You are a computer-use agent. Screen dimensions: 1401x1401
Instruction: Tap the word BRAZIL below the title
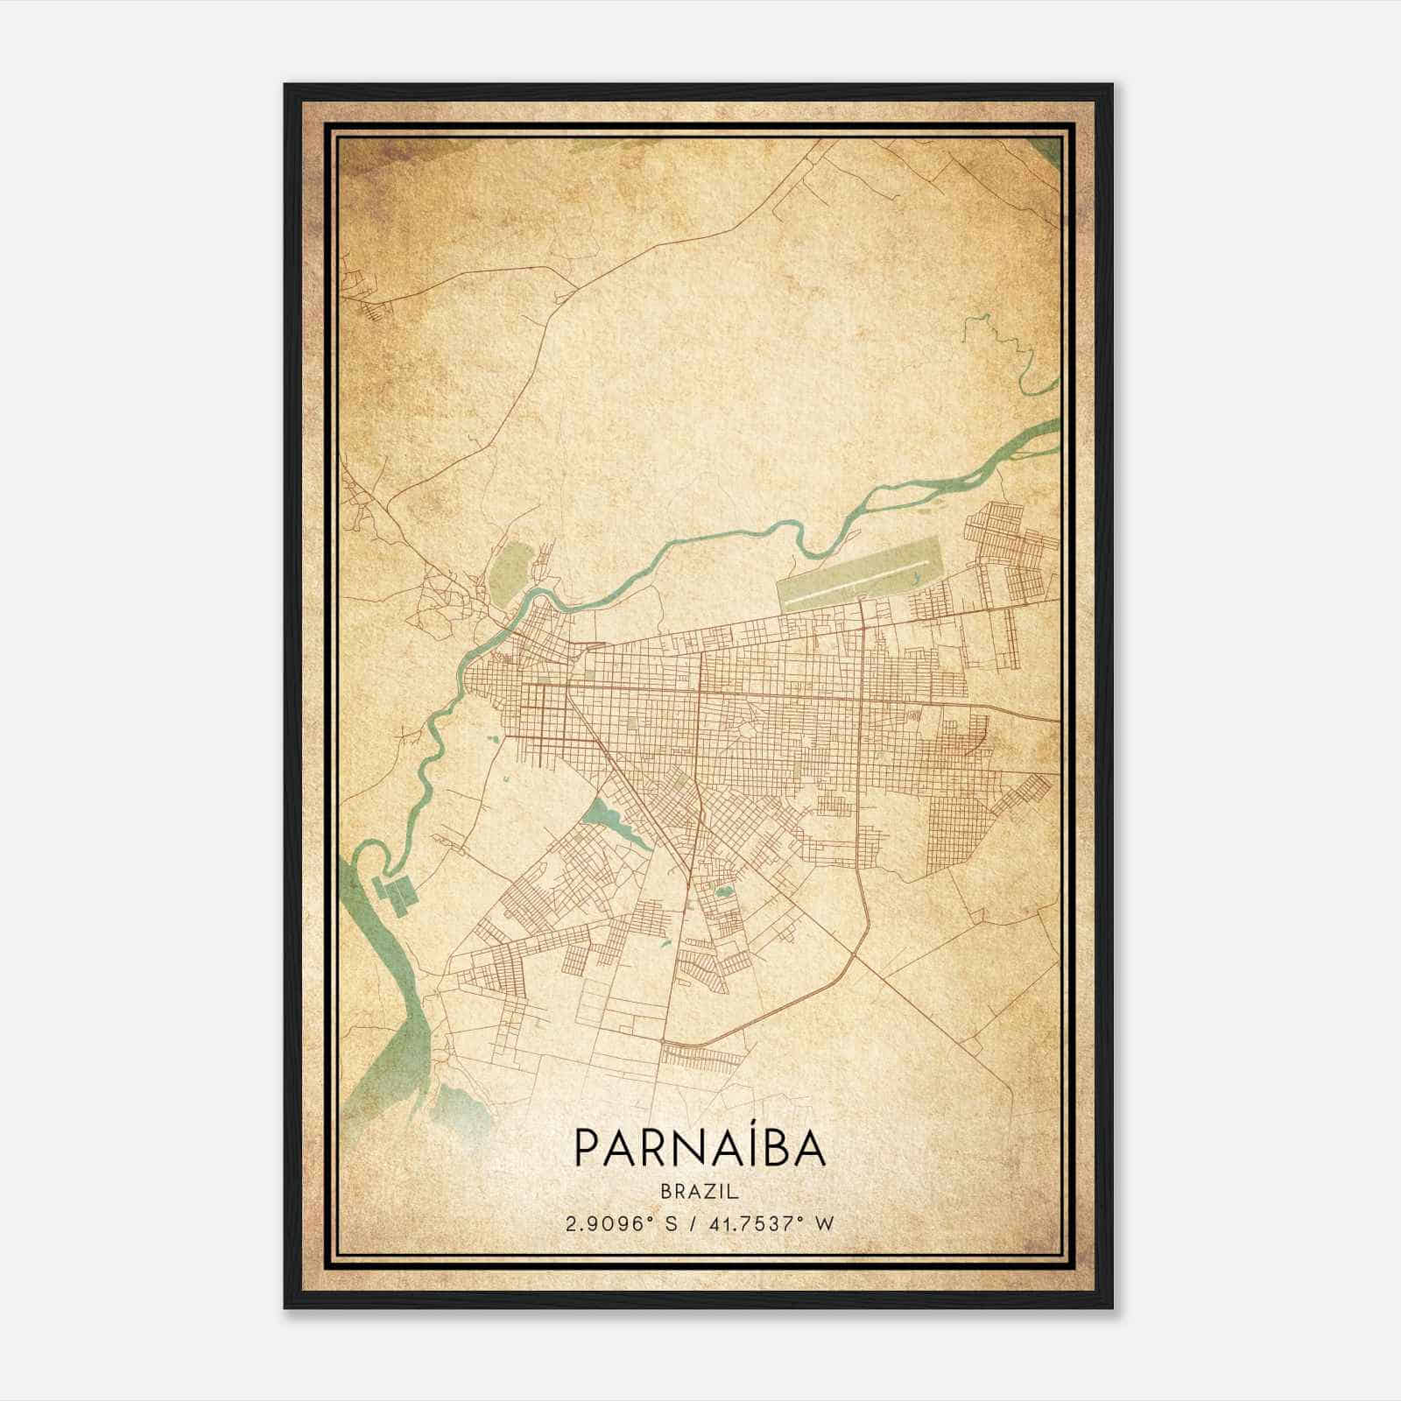pyautogui.click(x=700, y=1192)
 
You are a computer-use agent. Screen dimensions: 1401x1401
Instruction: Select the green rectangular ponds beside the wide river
pyautogui.click(x=396, y=894)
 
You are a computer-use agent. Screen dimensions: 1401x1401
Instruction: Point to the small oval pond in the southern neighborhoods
pyautogui.click(x=723, y=893)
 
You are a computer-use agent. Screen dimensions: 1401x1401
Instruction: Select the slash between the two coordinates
pyautogui.click(x=692, y=1223)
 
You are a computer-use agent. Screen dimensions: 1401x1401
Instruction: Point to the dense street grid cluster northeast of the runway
pyautogui.click(x=1007, y=543)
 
